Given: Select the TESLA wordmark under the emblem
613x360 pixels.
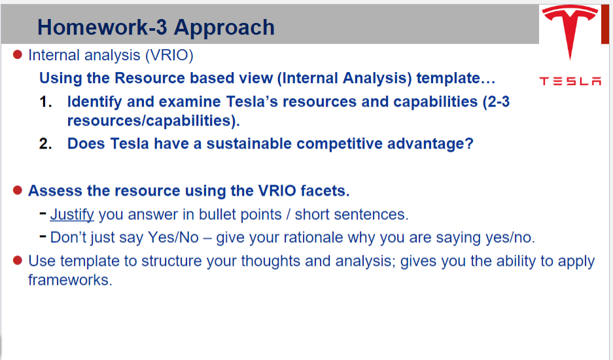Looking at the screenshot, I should tap(570, 81).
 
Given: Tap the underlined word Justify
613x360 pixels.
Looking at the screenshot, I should tap(72, 214).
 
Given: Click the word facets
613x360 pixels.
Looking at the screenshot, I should tap(324, 191).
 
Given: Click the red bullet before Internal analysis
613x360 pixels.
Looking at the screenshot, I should tap(18, 54).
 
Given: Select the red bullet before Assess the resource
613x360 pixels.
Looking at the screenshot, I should tap(18, 190).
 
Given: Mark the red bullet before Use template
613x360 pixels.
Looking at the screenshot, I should tap(18, 261).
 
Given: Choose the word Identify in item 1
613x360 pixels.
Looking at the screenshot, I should tap(93, 102).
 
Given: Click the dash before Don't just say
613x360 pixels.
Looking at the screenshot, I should tap(43, 236).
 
